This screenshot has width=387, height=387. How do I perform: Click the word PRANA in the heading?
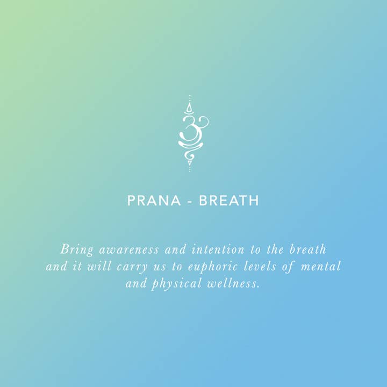click(154, 201)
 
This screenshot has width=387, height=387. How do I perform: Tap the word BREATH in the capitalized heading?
click(229, 201)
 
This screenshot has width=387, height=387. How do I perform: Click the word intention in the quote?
click(214, 250)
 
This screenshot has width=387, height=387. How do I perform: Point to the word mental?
click(321, 267)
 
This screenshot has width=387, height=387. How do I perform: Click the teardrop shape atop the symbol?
click(189, 109)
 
